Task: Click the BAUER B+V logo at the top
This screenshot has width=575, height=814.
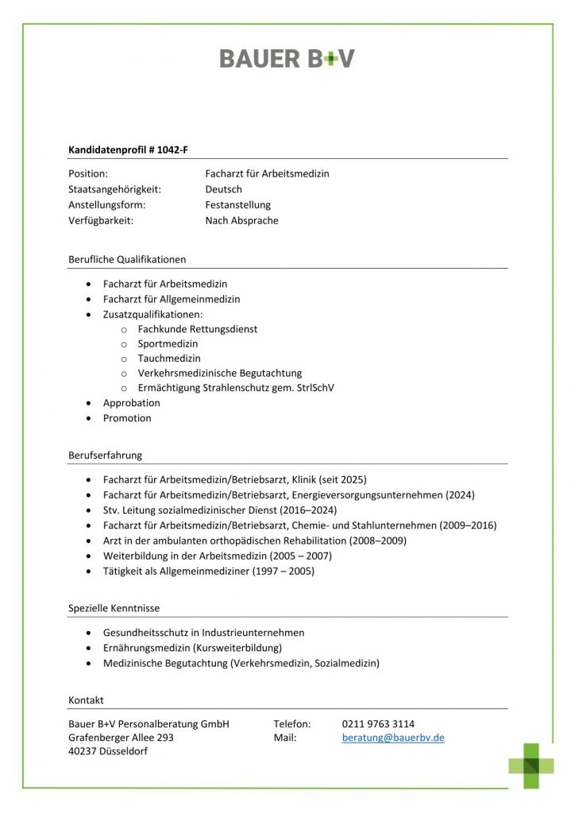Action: (287, 58)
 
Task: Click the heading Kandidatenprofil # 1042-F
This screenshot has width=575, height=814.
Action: (128, 149)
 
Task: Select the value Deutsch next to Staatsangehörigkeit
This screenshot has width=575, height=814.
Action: (223, 189)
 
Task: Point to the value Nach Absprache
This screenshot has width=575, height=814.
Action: (241, 221)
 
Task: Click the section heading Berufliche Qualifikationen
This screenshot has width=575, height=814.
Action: (127, 259)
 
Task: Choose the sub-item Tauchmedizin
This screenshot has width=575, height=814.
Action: (169, 359)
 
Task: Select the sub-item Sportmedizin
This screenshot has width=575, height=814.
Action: (168, 343)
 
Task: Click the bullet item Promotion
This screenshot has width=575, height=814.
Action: (127, 418)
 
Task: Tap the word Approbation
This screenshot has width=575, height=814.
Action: (132, 403)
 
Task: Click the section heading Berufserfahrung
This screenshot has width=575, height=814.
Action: (106, 455)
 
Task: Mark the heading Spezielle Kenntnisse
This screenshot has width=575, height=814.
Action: (114, 608)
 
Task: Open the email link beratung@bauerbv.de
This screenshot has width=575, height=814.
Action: (393, 738)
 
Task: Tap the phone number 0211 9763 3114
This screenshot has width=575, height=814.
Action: (378, 723)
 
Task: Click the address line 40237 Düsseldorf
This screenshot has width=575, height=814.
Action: (108, 752)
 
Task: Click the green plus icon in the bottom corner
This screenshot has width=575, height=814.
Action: (532, 766)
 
